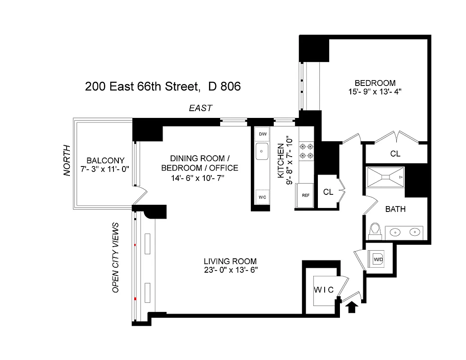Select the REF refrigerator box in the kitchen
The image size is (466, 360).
point(305,195)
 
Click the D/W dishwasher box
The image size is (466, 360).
point(262,134)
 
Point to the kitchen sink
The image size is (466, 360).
point(262,152)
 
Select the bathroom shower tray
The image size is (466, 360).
point(385,178)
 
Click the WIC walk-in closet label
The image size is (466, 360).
point(324,290)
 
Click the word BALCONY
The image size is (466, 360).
point(105,161)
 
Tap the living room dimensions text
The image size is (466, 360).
point(230,270)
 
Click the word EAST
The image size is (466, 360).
point(200,108)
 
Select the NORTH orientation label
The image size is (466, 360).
point(67,160)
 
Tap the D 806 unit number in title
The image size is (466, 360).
point(224,86)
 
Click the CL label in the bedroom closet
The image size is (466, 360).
point(395,154)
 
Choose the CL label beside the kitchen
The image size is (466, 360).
point(328,192)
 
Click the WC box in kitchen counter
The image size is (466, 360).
point(262,197)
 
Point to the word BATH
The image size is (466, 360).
point(395,209)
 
